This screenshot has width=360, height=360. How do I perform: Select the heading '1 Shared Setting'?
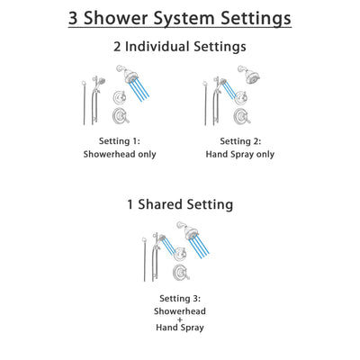179,204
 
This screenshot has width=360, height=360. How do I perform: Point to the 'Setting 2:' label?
238,141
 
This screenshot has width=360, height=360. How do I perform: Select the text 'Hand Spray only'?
238,154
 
